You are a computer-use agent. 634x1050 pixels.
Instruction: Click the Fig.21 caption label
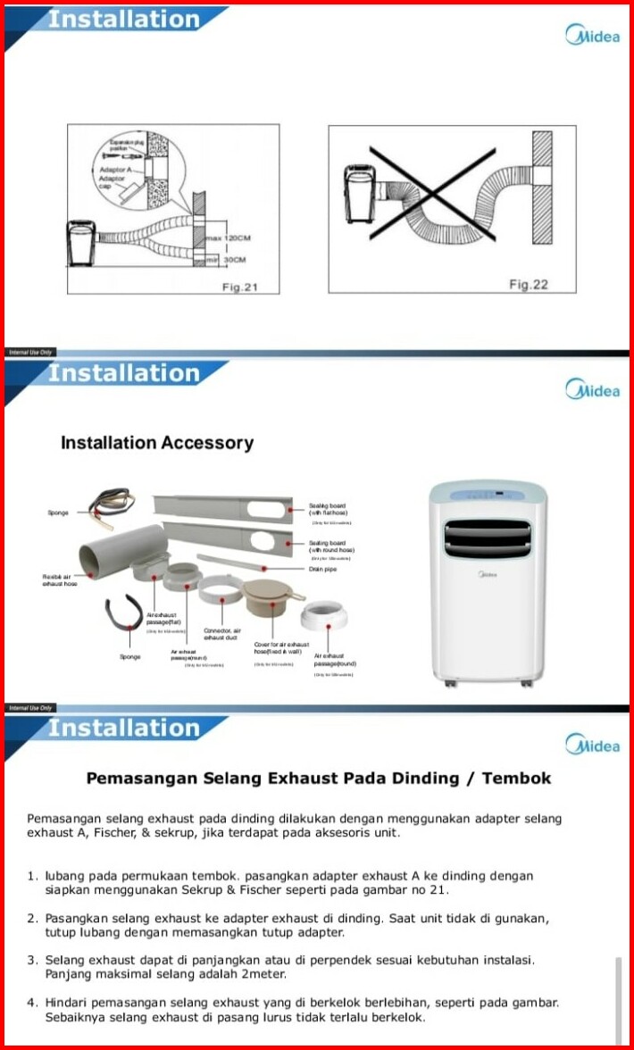click(239, 286)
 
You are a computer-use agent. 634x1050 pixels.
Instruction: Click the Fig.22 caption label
click(529, 284)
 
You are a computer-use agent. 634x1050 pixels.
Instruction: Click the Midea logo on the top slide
click(592, 36)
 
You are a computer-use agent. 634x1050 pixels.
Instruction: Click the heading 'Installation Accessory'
click(157, 443)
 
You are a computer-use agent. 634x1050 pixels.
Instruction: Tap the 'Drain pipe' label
click(321, 569)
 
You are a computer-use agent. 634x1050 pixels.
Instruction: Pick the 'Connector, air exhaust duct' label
click(222, 634)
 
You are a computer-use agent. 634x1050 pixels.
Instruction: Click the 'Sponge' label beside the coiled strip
click(58, 512)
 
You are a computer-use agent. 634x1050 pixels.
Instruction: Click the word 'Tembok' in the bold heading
click(516, 778)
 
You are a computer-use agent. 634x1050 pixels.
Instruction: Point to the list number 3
click(32, 960)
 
